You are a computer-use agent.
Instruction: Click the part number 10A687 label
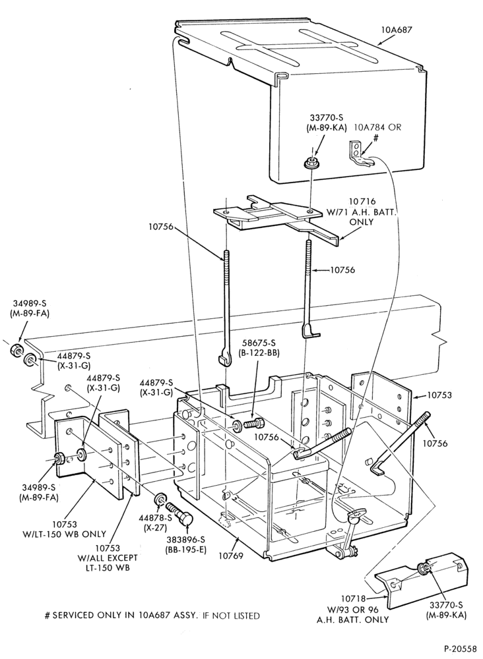point(396,30)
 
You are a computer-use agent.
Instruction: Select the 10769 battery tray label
point(230,556)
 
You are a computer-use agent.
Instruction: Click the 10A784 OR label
point(377,127)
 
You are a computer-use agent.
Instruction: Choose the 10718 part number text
point(352,599)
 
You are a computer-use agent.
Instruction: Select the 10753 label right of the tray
point(439,395)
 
